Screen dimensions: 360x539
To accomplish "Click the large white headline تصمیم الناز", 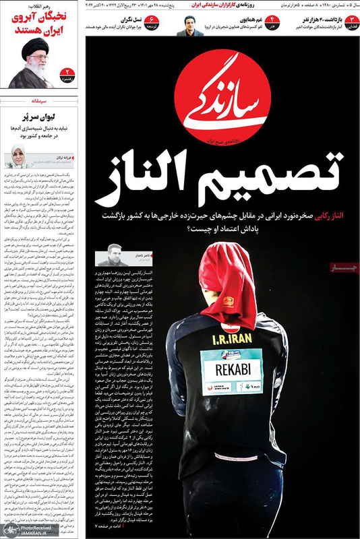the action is coord(220,183).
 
